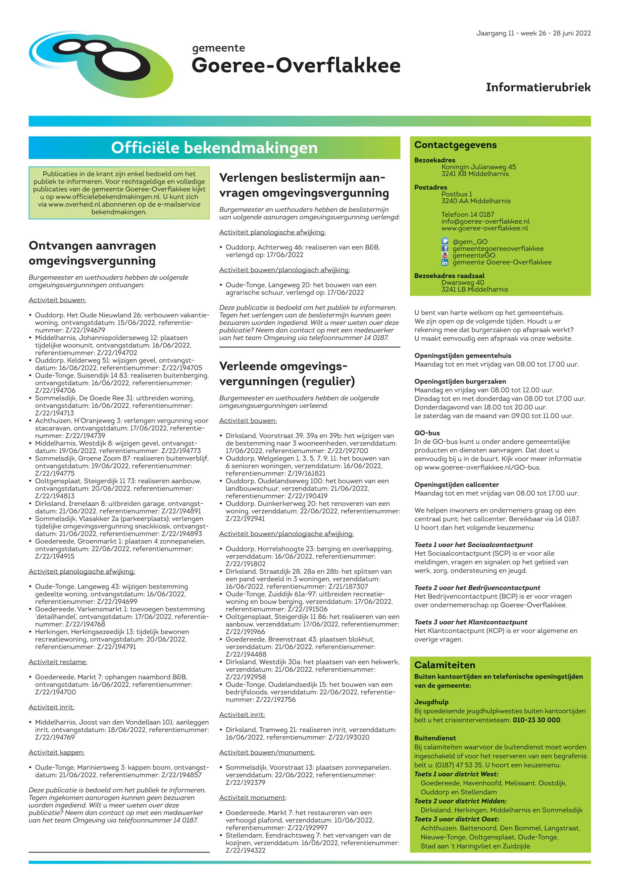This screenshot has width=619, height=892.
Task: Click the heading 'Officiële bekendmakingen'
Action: pyautogui.click(x=214, y=148)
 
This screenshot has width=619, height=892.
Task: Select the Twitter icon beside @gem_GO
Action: pyautogui.click(x=445, y=241)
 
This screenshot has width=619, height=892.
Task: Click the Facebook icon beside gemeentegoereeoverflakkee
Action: pyautogui.click(x=445, y=248)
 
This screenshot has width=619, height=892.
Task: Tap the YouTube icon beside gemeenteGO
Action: pyautogui.click(x=445, y=256)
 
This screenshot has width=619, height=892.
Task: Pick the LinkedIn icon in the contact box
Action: pyautogui.click(x=445, y=263)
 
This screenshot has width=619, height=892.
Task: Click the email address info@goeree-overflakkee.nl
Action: pyautogui.click(x=485, y=221)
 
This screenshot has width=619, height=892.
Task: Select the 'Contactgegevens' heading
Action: pyautogui.click(x=455, y=145)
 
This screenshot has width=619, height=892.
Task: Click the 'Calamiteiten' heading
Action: pyautogui.click(x=445, y=665)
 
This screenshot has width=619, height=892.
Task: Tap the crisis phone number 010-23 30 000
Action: pyautogui.click(x=536, y=720)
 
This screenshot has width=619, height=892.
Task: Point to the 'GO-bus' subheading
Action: pyautogui.click(x=427, y=433)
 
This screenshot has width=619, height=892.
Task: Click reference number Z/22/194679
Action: pyautogui.click(x=70, y=330)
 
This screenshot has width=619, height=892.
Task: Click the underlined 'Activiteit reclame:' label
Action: pyautogui.click(x=58, y=662)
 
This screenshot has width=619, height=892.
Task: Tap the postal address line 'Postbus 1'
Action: pyautogui.click(x=457, y=194)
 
